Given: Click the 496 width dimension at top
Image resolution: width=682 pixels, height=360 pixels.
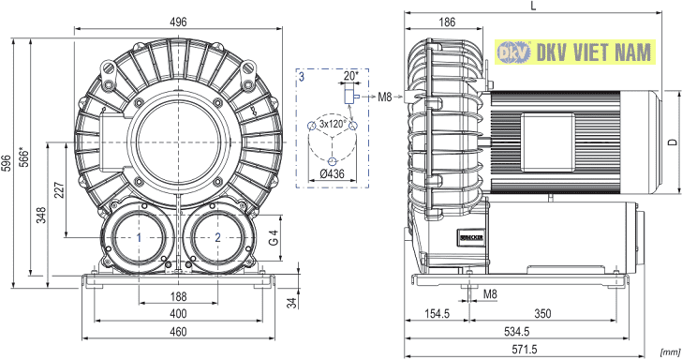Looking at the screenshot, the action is click(x=178, y=22).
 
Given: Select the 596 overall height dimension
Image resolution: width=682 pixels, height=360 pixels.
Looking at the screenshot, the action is click(x=7, y=163).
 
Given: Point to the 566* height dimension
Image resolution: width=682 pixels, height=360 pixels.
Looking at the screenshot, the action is click(x=24, y=157).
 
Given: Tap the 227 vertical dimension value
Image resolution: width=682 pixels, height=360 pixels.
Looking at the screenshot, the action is click(x=59, y=190).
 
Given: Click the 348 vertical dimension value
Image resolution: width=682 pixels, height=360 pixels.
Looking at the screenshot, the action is click(x=41, y=215).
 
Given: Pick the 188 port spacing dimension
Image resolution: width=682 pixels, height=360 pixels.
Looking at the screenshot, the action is click(x=178, y=297).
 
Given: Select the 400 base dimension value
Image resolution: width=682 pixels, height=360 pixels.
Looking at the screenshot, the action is click(x=178, y=314).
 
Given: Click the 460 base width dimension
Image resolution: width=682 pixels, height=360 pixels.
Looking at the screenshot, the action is click(x=178, y=332).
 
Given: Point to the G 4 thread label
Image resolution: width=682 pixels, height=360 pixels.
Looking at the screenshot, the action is click(x=274, y=238).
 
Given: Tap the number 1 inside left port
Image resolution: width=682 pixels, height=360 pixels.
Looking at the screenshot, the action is click(x=140, y=238).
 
